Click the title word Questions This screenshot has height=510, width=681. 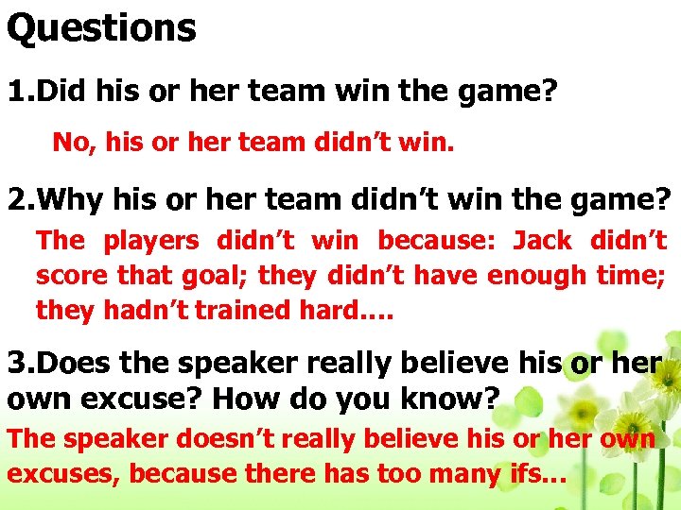tap(101, 27)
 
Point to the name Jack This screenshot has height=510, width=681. tap(542, 241)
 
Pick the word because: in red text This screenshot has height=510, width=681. tap(435, 241)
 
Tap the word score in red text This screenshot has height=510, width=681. tap(72, 276)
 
